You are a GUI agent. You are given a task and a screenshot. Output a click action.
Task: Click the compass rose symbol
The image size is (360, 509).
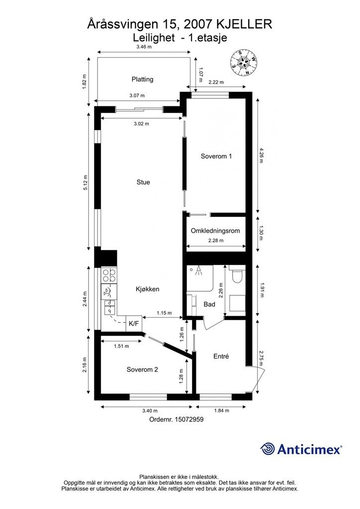(244, 63)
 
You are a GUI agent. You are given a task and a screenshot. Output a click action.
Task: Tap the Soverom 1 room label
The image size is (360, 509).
(216, 156)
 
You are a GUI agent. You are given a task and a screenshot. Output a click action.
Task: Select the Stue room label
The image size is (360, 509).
(143, 182)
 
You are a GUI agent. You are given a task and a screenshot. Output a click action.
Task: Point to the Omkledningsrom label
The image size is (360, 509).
(215, 231)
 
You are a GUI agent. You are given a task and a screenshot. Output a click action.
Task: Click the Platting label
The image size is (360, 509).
(142, 79)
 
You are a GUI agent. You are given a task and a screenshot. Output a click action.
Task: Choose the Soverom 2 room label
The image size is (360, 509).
(142, 369)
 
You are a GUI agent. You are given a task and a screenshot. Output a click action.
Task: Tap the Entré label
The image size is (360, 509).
(221, 356)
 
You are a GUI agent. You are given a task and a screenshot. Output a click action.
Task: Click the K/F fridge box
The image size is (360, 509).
(134, 324)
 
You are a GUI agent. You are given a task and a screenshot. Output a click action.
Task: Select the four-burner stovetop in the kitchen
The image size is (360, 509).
(109, 275)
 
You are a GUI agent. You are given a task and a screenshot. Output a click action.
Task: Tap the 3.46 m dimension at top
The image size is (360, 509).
(144, 47)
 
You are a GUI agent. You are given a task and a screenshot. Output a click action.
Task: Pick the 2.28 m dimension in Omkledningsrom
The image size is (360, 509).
(215, 241)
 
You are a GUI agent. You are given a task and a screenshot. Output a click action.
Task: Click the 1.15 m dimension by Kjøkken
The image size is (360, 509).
(164, 313)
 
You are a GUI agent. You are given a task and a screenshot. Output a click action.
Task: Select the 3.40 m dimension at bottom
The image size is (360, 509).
(150, 410)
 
